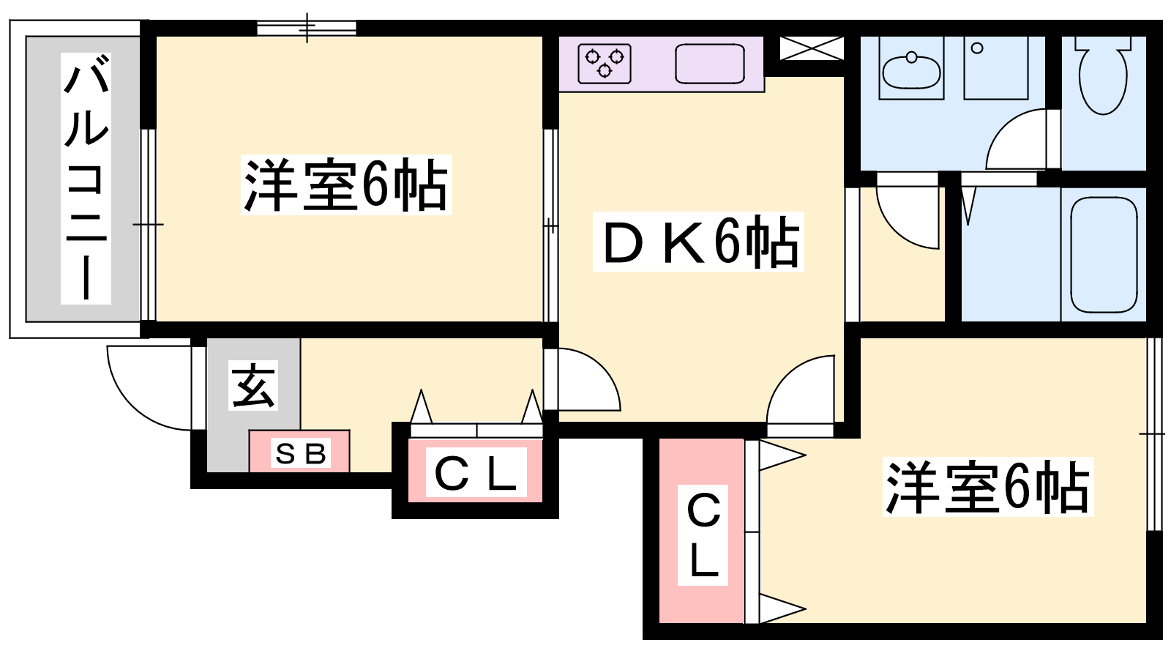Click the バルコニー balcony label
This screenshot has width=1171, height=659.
coord(86,179)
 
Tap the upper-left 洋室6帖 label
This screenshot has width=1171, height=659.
coord(345,185)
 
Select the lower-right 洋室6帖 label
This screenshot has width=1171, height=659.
coord(987,487)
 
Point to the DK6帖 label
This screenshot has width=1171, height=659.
coord(698,242)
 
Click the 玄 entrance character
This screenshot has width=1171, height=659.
coord(253,385)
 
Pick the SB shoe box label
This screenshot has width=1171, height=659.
coord(300,453)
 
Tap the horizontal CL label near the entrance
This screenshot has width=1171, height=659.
coord(476,474)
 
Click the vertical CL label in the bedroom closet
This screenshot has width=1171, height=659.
coord(703,535)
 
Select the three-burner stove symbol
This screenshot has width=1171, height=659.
coord(605,63)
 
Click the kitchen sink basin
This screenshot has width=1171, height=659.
coord(709,64)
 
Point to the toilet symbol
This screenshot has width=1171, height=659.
coord(1102,77)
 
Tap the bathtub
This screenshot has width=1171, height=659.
coord(1104,255)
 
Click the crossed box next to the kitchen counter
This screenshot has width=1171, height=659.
coord(811,49)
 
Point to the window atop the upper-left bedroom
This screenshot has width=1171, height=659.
coord(307,29)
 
